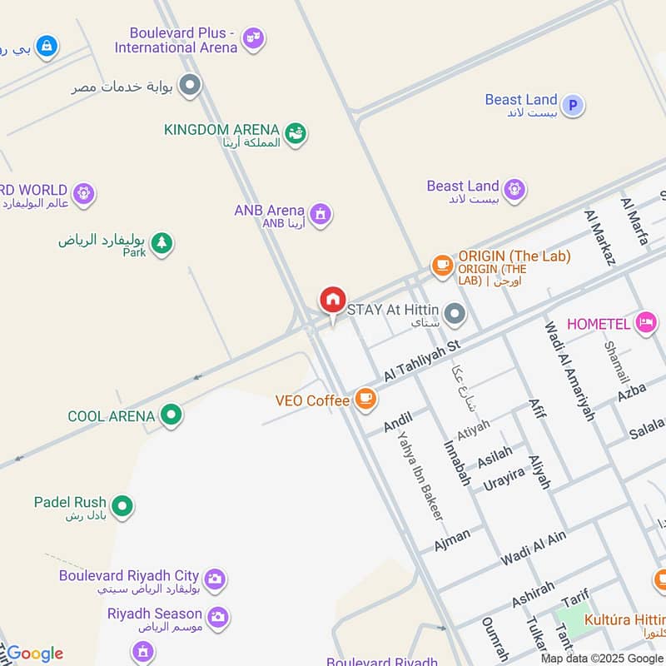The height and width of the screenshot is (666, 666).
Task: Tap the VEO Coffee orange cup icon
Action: (365, 399)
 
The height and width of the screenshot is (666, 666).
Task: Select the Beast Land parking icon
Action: (572, 105)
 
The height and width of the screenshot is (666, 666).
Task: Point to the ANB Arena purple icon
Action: (321, 213)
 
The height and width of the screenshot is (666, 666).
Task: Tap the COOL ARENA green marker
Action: (171, 414)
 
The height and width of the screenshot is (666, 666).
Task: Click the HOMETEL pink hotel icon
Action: (645, 322)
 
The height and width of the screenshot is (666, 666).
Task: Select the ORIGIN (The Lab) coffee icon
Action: (441, 265)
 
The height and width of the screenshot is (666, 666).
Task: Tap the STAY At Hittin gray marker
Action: (455, 314)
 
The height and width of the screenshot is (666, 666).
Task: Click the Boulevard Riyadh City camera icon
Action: (215, 578)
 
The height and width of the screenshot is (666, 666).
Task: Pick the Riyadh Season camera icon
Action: (218, 617)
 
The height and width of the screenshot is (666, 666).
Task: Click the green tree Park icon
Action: (162, 243)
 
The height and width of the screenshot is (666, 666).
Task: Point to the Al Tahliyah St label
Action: (422, 360)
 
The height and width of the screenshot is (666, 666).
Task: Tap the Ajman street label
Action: (452, 539)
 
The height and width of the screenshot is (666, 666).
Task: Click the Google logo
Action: (34, 654)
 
